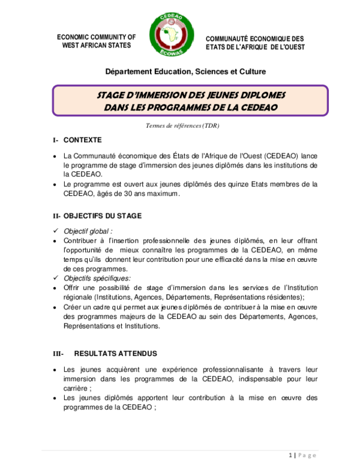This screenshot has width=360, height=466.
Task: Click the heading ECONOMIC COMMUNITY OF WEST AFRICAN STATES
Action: point(96,41)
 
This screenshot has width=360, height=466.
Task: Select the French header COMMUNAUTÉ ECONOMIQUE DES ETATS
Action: point(255,42)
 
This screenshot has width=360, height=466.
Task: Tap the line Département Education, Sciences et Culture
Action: point(185,71)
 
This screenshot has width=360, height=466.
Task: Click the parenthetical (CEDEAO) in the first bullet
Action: point(274,156)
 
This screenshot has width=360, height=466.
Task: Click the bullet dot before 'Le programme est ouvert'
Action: point(55,184)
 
